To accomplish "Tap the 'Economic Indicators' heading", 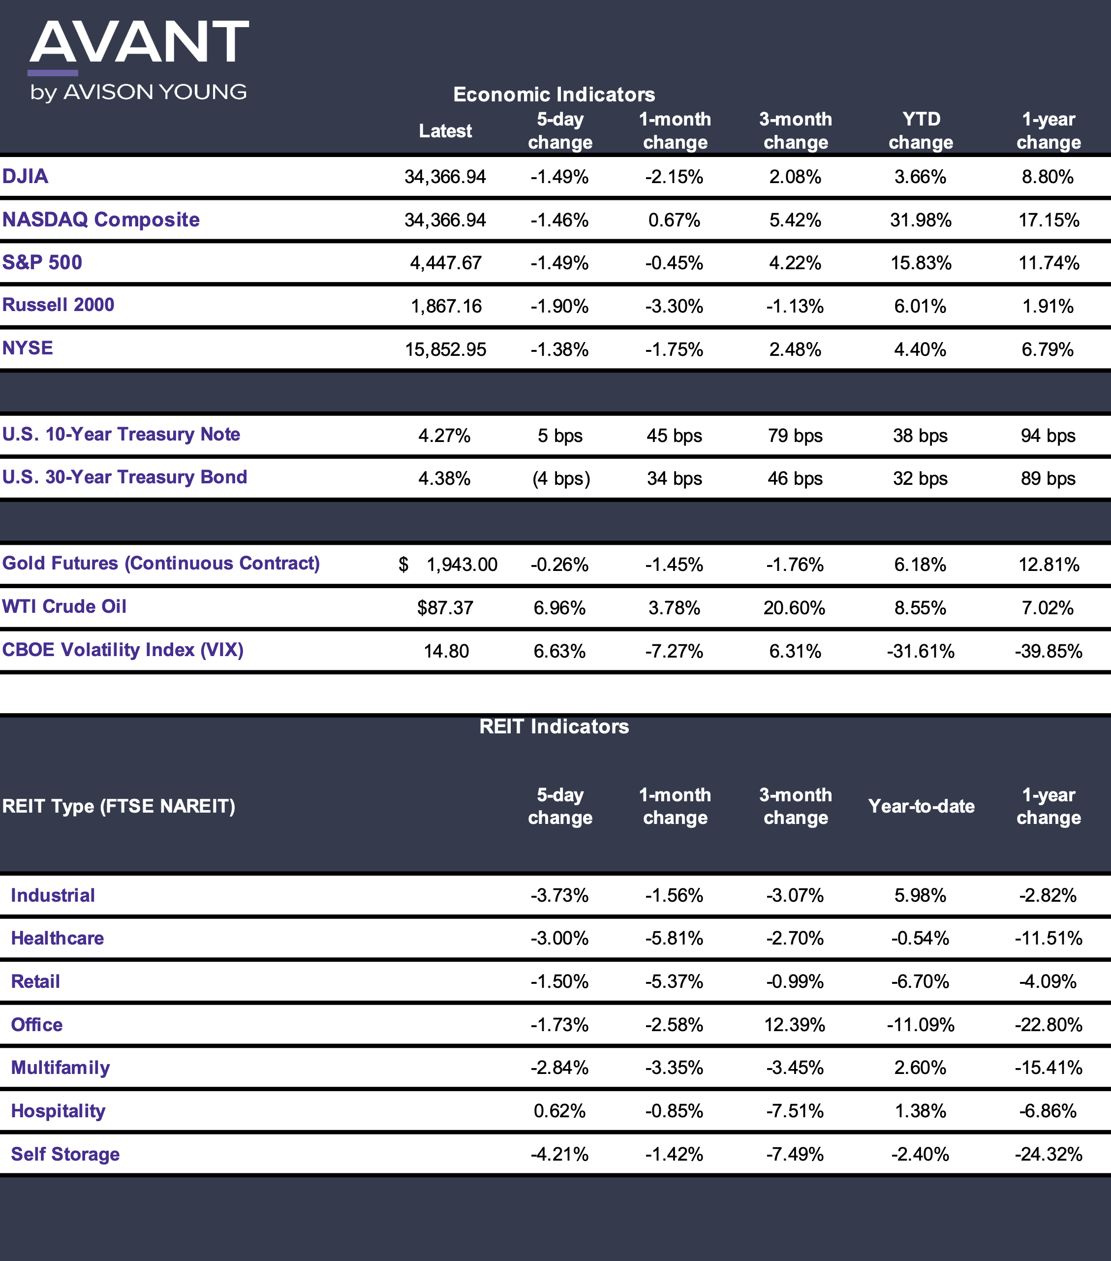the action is tap(554, 95).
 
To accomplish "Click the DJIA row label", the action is tap(25, 176).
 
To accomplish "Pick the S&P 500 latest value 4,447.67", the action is tap(445, 263).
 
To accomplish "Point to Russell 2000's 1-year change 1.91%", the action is tap(1048, 306).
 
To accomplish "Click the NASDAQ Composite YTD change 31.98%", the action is tap(921, 220).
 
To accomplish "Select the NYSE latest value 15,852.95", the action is tap(445, 350).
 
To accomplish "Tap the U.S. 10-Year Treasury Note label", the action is tap(121, 434).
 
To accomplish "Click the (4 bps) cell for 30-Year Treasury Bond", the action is tap(561, 479).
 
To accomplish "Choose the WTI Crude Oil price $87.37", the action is tap(445, 608).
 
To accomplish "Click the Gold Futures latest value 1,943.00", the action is tap(462, 565).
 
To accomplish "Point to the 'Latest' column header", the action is tap(445, 131).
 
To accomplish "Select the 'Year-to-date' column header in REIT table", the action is tap(921, 806).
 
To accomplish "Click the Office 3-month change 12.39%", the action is tap(795, 1025).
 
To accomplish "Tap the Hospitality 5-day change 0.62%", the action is tap(559, 1111).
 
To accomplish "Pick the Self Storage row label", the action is tap(65, 1154).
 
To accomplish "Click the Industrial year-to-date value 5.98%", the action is tap(921, 895).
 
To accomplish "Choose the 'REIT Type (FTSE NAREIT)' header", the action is tap(119, 806).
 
